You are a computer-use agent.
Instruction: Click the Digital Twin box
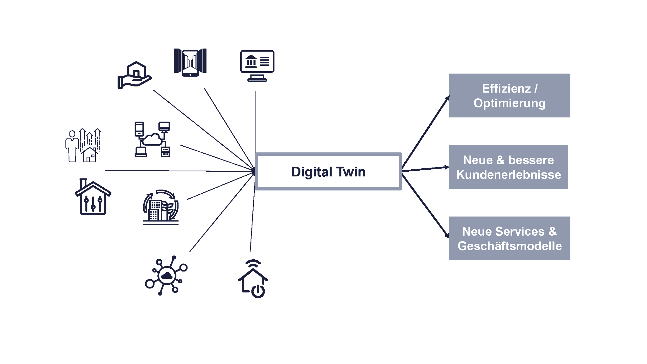click(328, 171)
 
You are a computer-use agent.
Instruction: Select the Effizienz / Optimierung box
click(510, 95)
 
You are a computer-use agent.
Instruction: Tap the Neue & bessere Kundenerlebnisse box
click(509, 167)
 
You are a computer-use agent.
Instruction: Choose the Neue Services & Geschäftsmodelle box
click(510, 238)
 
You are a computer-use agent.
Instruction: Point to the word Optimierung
click(510, 103)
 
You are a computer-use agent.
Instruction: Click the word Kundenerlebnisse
click(509, 175)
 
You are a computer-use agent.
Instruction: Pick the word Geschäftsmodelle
click(510, 246)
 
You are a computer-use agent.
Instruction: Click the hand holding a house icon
click(134, 75)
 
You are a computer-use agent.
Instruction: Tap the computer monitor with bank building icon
click(257, 66)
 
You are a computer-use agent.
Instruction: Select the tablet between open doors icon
click(190, 62)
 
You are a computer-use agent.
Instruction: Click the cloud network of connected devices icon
click(152, 139)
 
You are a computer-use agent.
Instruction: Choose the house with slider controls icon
click(93, 197)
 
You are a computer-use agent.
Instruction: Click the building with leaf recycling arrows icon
click(161, 207)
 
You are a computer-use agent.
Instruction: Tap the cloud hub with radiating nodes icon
click(166, 276)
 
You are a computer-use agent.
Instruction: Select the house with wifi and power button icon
click(253, 279)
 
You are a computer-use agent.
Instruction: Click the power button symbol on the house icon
click(258, 291)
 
